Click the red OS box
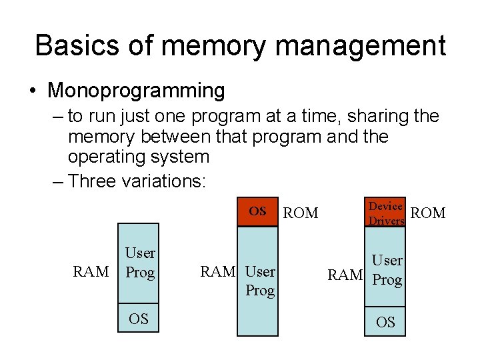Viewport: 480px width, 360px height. pyautogui.click(x=258, y=212)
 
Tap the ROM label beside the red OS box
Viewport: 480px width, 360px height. pyautogui.click(x=301, y=213)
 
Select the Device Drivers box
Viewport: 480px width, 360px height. pyautogui.click(x=385, y=213)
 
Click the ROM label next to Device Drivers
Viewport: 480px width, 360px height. pyautogui.click(x=428, y=213)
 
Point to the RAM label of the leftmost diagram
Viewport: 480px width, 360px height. pyautogui.click(x=91, y=271)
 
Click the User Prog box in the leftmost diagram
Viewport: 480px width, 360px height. pyautogui.click(x=139, y=263)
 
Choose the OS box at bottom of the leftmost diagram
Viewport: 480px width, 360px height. pyautogui.click(x=139, y=318)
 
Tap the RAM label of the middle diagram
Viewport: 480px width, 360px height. pyautogui.click(x=218, y=271)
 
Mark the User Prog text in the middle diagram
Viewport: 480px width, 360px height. pyautogui.click(x=260, y=281)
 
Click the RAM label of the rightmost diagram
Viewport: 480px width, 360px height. pyautogui.click(x=345, y=275)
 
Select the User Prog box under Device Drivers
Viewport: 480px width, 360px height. pyautogui.click(x=386, y=270)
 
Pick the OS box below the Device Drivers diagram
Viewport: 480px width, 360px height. pyautogui.click(x=385, y=323)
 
